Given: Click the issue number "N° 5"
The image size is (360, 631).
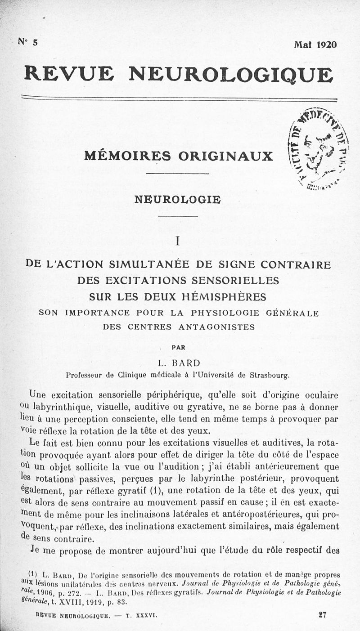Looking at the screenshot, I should (x=28, y=42).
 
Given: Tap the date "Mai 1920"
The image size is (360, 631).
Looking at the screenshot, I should (x=315, y=45).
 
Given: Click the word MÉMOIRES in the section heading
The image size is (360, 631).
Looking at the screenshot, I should (x=127, y=156).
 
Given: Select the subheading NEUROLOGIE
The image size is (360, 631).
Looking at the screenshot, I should (x=178, y=199).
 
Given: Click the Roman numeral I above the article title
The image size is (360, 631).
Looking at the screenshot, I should (x=178, y=241).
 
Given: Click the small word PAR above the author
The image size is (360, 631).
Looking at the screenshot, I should (x=178, y=347).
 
